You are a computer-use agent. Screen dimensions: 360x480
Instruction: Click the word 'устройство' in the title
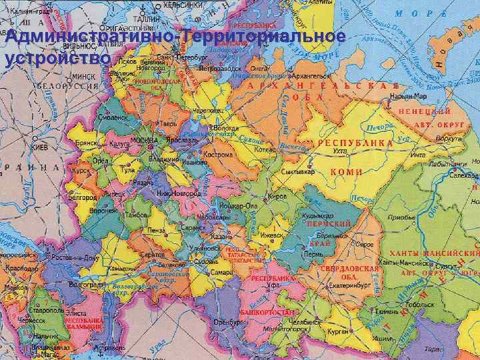57,59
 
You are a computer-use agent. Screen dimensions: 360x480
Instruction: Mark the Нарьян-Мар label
408,97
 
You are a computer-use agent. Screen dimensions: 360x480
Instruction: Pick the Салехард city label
464,175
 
